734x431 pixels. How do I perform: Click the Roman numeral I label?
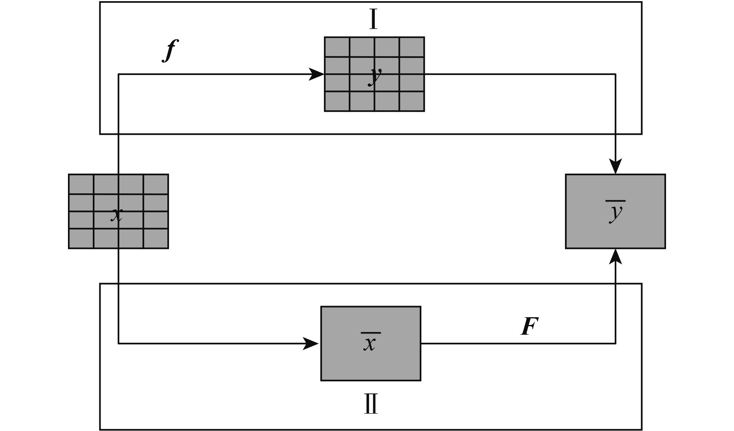pos(373,19)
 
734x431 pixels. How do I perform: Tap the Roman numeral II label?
pos(371,404)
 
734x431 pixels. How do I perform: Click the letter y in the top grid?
pos(375,76)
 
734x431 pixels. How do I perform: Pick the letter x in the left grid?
pos(117,214)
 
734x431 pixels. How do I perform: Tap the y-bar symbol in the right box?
pos(616,212)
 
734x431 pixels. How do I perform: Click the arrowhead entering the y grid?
pos(317,74)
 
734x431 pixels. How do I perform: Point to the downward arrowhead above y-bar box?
pos(616,166)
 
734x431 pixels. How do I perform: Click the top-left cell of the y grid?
pos(337,47)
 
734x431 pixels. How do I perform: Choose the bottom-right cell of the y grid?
pos(412,101)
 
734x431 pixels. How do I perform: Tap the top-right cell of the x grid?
pos(156,184)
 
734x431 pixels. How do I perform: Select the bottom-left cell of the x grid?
pos(81,238)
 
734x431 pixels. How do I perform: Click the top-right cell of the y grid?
pos(412,47)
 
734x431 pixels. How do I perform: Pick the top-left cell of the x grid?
pos(81,184)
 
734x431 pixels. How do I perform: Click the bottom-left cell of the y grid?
pos(337,101)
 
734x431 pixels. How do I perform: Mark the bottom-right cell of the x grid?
pos(156,238)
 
